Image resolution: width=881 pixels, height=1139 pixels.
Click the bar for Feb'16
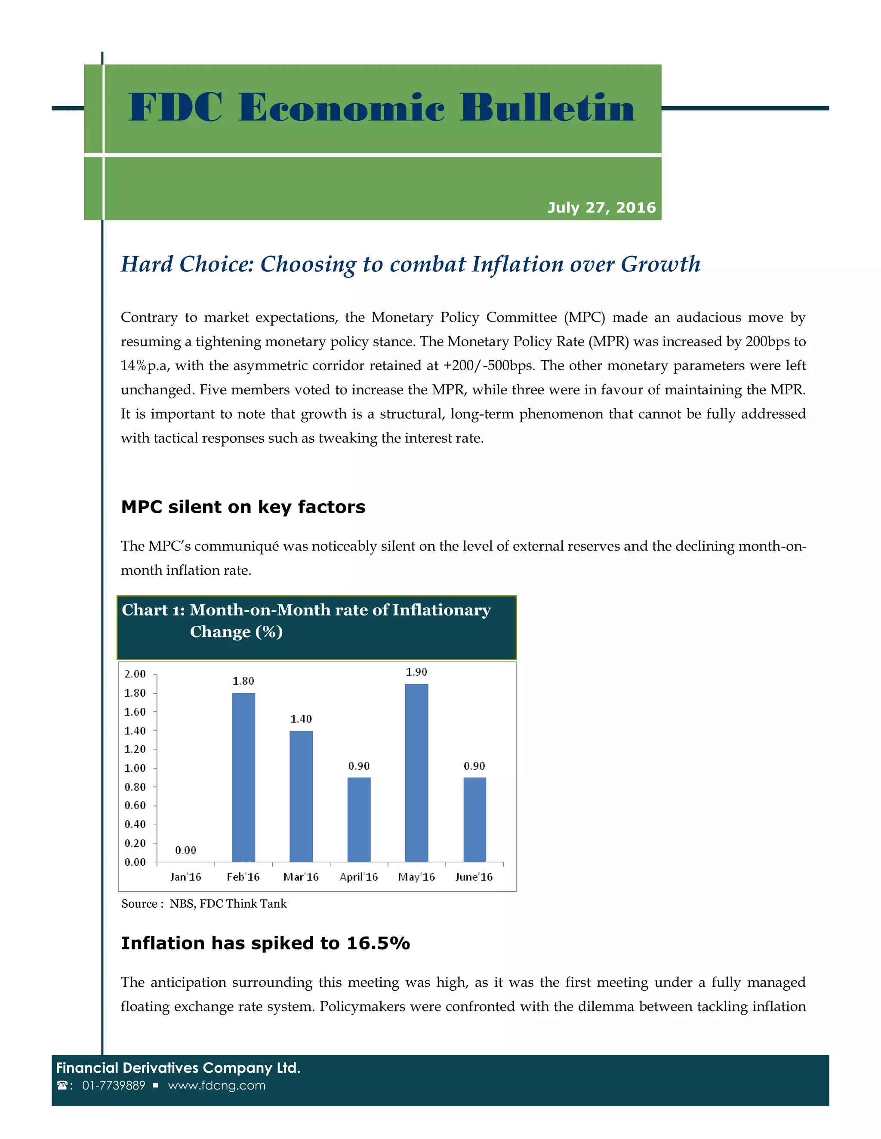point(243,777)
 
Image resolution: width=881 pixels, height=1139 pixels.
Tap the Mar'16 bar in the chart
point(301,796)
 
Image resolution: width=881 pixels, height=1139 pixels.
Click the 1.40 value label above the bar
point(301,719)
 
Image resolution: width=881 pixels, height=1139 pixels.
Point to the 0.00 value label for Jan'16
point(186,851)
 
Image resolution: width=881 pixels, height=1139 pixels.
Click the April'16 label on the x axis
point(359,877)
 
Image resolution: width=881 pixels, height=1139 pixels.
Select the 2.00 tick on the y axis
point(135,674)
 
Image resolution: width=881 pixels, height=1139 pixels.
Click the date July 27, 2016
point(601,208)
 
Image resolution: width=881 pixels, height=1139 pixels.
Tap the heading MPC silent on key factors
point(243,507)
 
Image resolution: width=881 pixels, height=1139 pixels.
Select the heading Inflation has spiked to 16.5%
point(265,943)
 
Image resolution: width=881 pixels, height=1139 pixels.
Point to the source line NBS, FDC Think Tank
point(228,904)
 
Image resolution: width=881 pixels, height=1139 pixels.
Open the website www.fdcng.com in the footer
point(217,1085)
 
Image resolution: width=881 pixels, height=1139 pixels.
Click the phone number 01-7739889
point(113,1085)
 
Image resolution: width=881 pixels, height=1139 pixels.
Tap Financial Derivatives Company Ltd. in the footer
point(178,1068)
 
